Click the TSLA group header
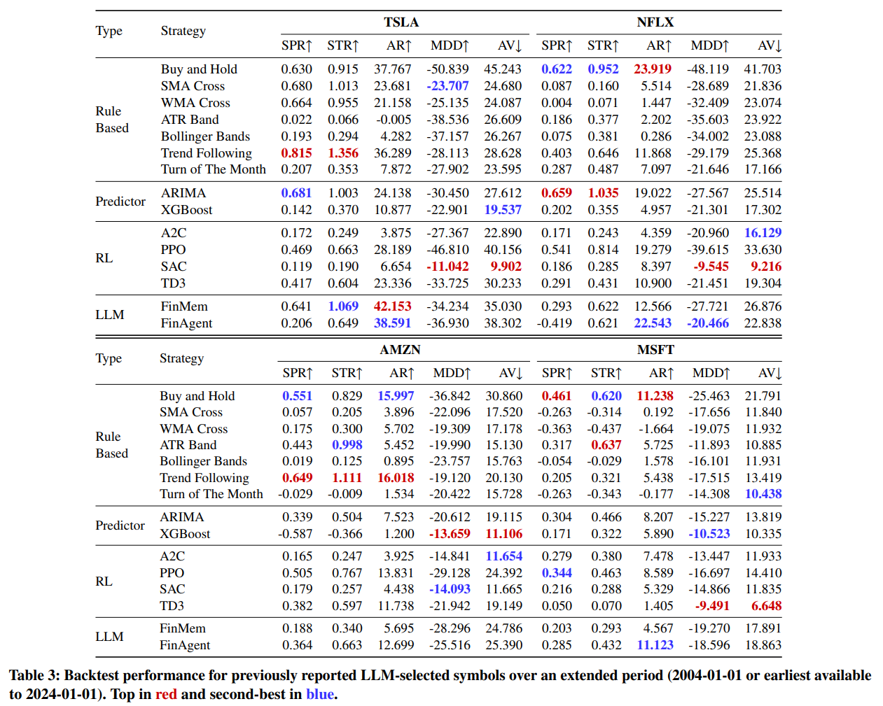click(x=401, y=22)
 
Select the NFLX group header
click(x=655, y=22)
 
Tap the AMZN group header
click(x=400, y=350)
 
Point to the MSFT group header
click(x=655, y=350)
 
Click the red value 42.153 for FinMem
click(x=392, y=306)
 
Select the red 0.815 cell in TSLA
click(x=296, y=153)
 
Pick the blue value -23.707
click(x=447, y=86)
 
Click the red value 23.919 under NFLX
click(x=652, y=69)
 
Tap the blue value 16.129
click(x=763, y=233)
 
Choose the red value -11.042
click(x=447, y=267)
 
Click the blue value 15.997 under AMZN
click(x=396, y=396)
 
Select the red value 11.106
click(x=503, y=534)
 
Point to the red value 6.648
click(x=766, y=606)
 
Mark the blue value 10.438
click(x=763, y=494)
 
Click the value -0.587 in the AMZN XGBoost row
click(x=295, y=534)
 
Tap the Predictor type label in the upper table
click(x=120, y=202)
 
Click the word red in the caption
click(x=166, y=694)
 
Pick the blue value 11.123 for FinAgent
click(x=655, y=645)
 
